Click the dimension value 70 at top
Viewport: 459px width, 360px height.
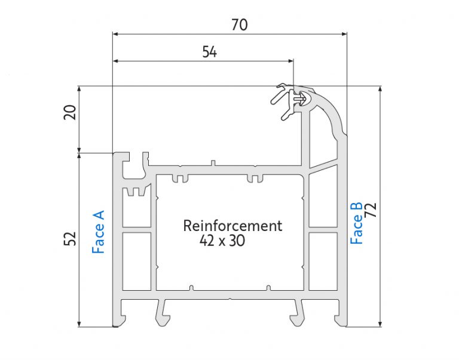click(x=238, y=24)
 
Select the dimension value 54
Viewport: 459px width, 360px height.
click(x=209, y=52)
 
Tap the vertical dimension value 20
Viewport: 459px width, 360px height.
click(x=71, y=113)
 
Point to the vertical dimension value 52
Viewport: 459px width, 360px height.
click(x=71, y=239)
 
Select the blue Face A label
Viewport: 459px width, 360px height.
click(x=98, y=232)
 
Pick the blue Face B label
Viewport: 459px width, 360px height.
click(x=356, y=223)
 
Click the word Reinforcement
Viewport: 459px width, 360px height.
click(x=232, y=226)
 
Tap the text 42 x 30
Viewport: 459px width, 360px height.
click(x=222, y=241)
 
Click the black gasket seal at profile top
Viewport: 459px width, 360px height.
click(x=291, y=101)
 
